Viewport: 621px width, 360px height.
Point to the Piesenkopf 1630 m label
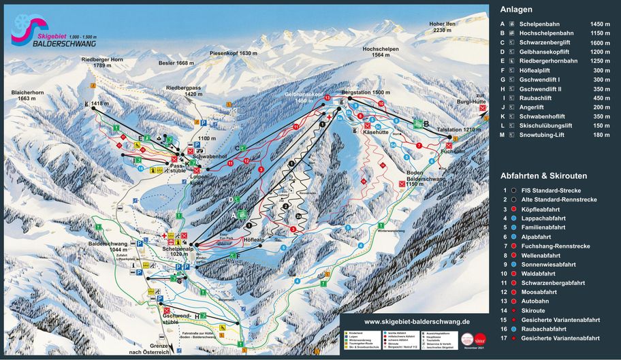[234, 52]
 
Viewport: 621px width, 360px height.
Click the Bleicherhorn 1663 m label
[31, 95]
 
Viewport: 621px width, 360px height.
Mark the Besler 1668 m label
[176, 63]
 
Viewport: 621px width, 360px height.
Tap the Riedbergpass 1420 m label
[184, 91]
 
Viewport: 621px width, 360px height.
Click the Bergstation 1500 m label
[365, 92]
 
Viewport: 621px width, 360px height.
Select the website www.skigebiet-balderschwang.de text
[417, 321]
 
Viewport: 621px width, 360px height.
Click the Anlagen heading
[516, 10]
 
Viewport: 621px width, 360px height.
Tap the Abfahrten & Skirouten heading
[543, 176]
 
